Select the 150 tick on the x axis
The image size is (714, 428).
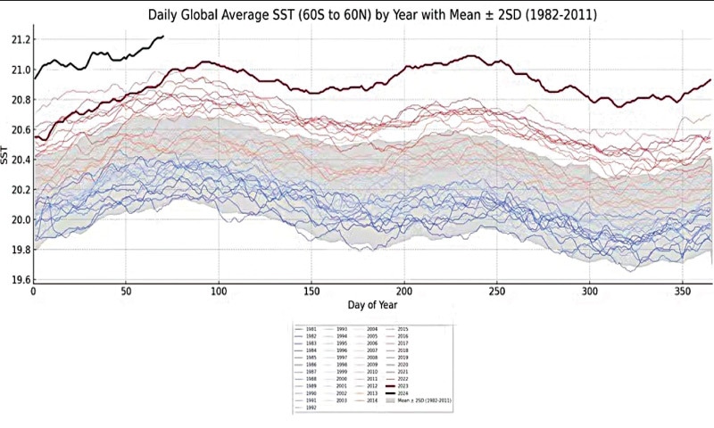(x=311, y=292)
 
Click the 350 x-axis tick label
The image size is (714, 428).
(x=684, y=292)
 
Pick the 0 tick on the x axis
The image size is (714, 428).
(x=33, y=292)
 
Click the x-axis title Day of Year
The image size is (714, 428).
(x=372, y=305)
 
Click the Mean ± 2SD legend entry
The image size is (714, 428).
(x=425, y=401)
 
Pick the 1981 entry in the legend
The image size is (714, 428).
(x=311, y=328)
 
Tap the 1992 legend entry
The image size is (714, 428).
(x=311, y=408)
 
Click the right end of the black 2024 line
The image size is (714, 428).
(x=163, y=37)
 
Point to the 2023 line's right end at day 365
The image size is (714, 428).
(x=710, y=80)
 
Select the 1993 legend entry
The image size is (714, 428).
(x=345, y=328)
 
